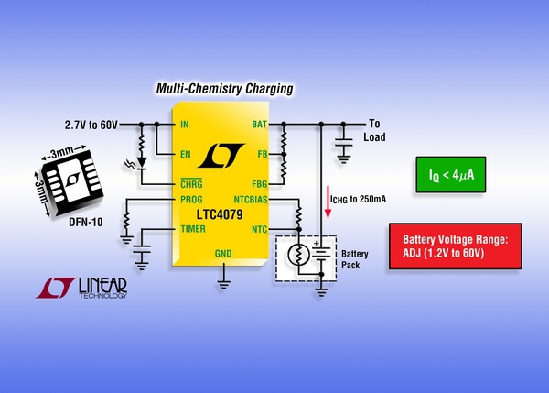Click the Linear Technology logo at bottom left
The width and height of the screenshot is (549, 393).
[x=82, y=289]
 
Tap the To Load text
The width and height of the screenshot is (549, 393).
[x=377, y=129]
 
